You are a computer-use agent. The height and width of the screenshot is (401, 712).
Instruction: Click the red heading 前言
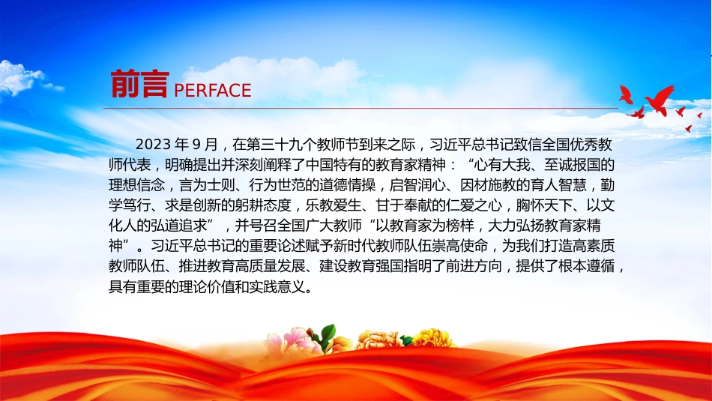(x=140, y=85)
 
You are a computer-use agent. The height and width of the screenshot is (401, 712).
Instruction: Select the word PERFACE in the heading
(x=213, y=91)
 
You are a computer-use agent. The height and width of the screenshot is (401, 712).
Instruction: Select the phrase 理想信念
(x=136, y=185)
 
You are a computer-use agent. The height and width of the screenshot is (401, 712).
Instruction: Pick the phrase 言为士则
(x=207, y=185)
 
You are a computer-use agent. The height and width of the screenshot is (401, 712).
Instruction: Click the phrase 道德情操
(x=348, y=185)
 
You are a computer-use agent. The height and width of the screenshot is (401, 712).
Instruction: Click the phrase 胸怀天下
(x=544, y=205)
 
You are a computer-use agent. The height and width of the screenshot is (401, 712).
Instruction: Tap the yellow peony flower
(x=432, y=338)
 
